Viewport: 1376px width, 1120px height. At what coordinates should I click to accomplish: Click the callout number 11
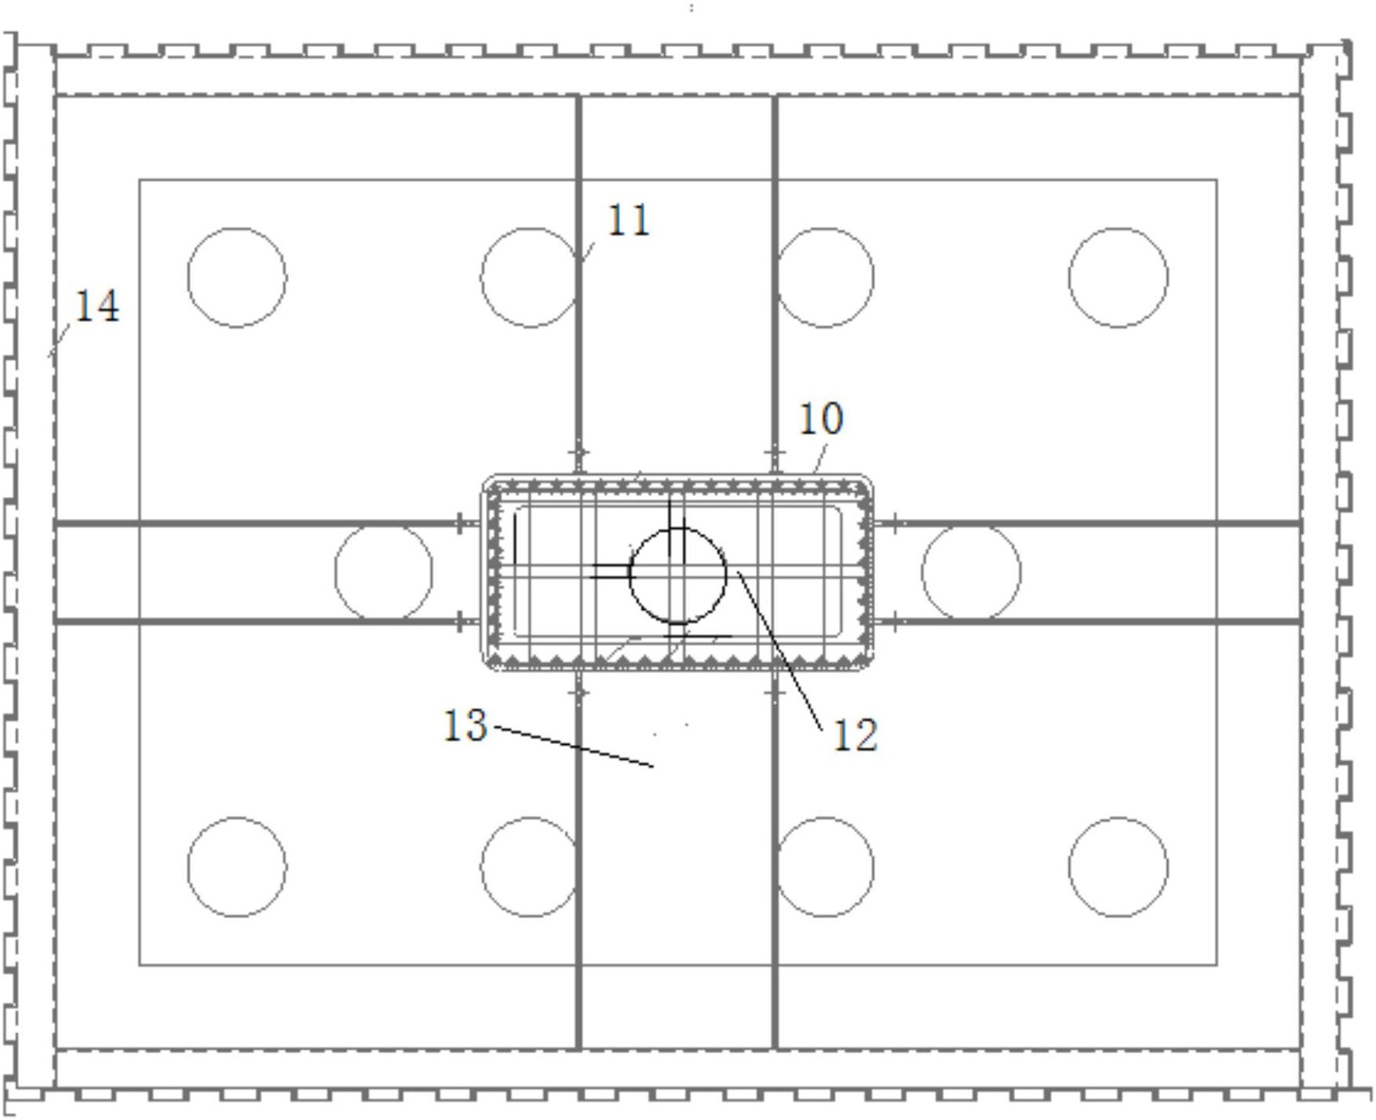[x=629, y=221]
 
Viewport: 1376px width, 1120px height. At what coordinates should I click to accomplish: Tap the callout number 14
[x=97, y=306]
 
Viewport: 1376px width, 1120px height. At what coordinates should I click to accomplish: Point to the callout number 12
[x=855, y=736]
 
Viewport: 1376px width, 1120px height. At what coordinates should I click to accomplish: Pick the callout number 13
[x=465, y=725]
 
